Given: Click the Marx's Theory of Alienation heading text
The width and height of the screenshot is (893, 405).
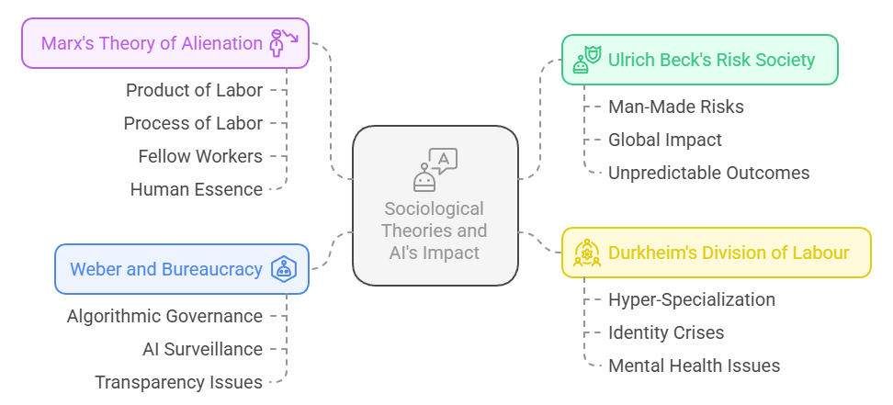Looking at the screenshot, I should coord(152,43).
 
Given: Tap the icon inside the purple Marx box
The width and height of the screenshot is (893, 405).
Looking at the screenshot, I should coord(281,42).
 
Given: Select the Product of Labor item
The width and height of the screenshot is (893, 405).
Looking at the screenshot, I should coord(194,90).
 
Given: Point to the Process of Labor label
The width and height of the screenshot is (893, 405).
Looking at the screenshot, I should coord(193,123).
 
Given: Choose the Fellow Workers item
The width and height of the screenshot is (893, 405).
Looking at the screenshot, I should coord(200,156).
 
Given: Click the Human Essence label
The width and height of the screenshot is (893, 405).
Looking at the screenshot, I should coord(196,189).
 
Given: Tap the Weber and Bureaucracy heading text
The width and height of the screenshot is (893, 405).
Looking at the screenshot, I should coord(166,269).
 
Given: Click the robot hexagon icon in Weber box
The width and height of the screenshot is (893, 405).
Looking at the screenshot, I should coord(284,269).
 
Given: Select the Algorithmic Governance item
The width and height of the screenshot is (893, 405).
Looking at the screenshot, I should coord(164,316).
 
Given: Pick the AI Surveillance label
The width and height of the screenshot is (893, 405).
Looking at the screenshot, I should coord(202,349).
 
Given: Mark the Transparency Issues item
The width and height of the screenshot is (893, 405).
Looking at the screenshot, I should coord(178,382).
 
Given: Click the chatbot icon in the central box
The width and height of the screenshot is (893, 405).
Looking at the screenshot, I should coord(435,169).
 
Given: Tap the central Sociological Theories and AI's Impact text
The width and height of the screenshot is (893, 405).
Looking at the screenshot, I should coord(435,231).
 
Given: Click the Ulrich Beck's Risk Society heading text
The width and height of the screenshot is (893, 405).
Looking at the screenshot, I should coord(711,60).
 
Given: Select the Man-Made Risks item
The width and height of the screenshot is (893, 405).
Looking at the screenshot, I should coord(675,107).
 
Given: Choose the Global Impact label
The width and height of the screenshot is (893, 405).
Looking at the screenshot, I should coord(664,140).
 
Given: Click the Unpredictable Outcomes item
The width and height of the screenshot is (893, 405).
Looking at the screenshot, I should coord(708,173).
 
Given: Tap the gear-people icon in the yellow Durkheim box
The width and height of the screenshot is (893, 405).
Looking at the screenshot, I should coord(587,253).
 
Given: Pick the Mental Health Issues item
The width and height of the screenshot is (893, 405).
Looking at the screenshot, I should coord(694,366).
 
